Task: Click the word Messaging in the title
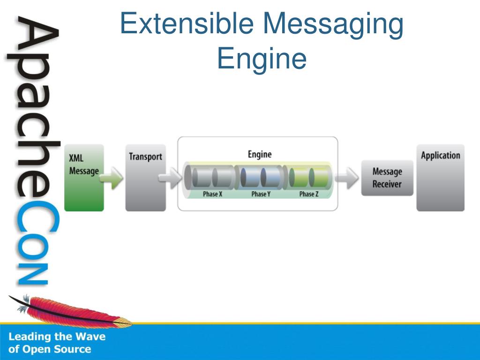[333, 24]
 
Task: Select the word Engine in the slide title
[262, 60]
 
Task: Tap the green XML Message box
[84, 178]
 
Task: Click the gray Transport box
[145, 178]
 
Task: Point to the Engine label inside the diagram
[259, 154]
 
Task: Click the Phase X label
[212, 194]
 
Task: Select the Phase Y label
[261, 194]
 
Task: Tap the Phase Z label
[309, 194]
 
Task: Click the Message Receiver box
[387, 178]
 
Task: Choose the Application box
[440, 178]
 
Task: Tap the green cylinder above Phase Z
[308, 177]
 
